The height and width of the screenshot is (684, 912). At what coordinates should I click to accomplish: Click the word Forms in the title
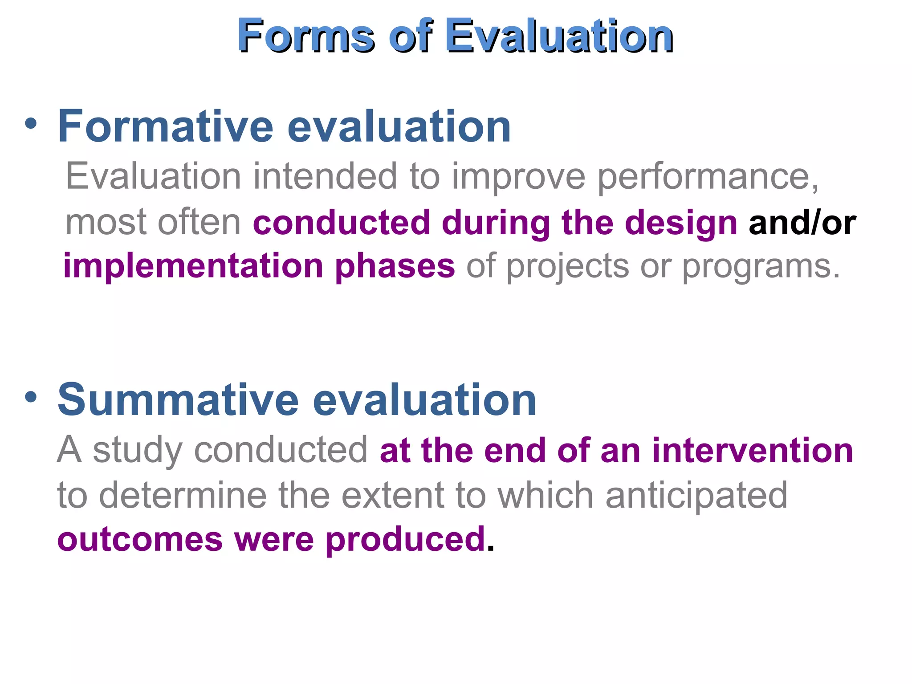pos(305,36)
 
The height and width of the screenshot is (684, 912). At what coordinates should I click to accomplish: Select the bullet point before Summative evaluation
pos(31,397)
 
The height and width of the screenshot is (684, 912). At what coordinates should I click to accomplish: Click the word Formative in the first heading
pos(165,127)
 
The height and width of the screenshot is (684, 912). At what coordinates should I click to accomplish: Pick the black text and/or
pos(802,223)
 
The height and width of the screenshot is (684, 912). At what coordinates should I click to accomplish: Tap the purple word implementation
pos(193,266)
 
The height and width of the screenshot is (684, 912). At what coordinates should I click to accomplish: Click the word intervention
pos(752,451)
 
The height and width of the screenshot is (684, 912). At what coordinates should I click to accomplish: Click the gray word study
pos(137,451)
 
